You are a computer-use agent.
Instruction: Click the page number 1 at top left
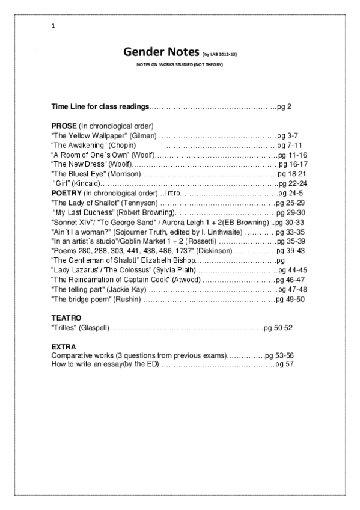tap(53, 26)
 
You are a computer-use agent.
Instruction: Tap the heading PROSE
tap(64, 126)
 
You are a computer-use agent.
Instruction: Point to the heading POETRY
tap(66, 194)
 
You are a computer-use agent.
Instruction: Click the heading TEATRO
tap(66, 318)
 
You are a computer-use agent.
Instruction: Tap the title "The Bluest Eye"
tap(75, 174)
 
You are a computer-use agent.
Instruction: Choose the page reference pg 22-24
tap(293, 183)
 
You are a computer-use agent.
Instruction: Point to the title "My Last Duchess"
tap(84, 213)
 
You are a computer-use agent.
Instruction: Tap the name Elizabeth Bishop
tap(168, 260)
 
